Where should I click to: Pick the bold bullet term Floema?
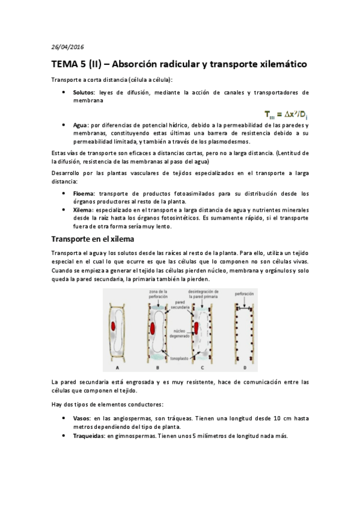[84, 194]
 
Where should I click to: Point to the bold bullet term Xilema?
[83, 210]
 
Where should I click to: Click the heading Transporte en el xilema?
[93, 239]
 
